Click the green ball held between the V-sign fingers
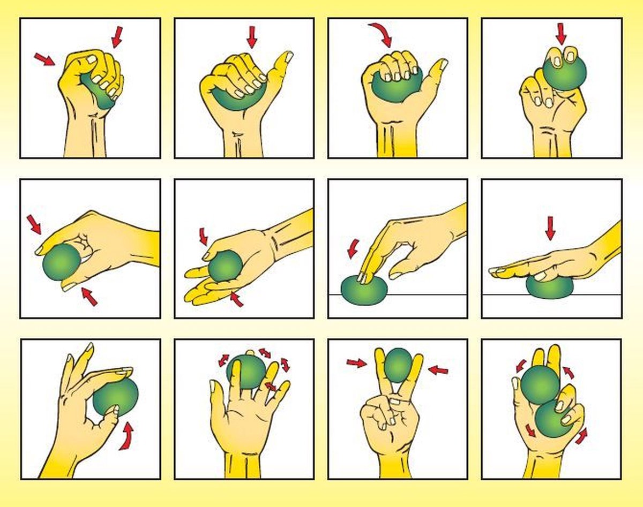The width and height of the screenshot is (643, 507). tap(398, 365)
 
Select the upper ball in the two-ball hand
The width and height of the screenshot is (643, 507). tap(539, 384)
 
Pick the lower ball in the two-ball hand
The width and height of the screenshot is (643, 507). tap(553, 421)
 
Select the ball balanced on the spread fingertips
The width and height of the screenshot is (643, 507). tap(247, 371)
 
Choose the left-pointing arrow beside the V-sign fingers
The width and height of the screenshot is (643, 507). tap(438, 369)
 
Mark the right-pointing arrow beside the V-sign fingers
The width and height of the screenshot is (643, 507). tap(356, 364)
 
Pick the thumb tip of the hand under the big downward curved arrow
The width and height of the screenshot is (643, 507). tap(443, 64)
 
